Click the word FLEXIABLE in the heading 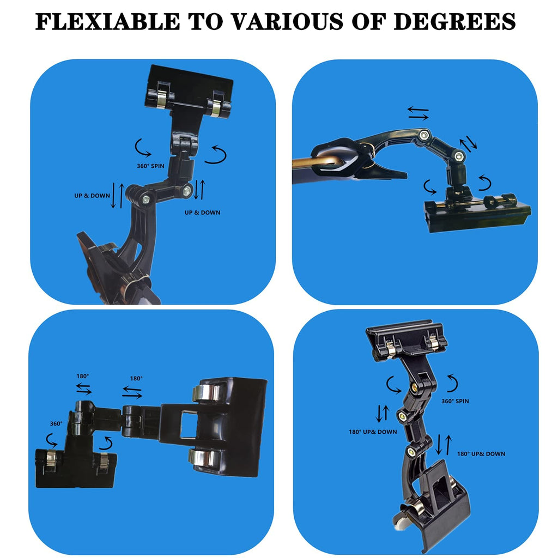[x=107, y=22]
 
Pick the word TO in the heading [x=205, y=22]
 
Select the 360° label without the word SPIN [x=56, y=423]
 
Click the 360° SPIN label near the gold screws [x=455, y=401]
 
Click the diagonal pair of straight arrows [x=469, y=143]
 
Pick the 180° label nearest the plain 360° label [x=83, y=376]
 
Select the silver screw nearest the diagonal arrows [x=460, y=157]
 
